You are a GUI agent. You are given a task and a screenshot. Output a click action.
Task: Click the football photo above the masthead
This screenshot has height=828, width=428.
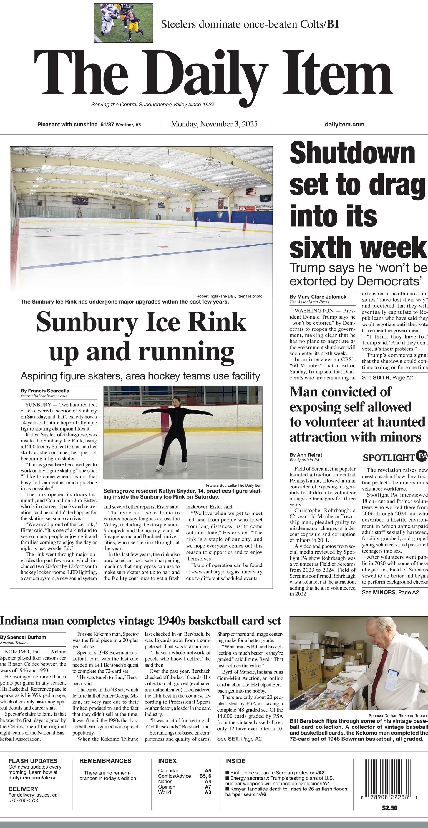tap(123, 23)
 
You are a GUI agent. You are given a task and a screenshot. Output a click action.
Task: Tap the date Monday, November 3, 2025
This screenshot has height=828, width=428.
tap(214, 124)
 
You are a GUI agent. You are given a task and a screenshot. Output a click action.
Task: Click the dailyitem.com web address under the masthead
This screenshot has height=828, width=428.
tap(344, 125)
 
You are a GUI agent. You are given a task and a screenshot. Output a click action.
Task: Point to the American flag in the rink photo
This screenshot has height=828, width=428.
tap(251, 191)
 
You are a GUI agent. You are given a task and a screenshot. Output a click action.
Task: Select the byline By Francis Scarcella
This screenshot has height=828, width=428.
tap(45, 391)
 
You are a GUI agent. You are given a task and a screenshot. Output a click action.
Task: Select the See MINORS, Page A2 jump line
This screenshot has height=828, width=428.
tap(390, 592)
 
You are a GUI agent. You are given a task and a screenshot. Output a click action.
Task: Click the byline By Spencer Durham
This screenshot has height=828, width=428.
tap(23, 637)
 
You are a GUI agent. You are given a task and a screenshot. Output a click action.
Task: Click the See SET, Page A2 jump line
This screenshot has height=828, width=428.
tap(239, 739)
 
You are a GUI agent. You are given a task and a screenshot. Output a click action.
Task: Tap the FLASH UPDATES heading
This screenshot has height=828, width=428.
tap(33, 761)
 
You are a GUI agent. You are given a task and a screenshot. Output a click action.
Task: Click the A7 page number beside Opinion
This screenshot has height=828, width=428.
tap(208, 787)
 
